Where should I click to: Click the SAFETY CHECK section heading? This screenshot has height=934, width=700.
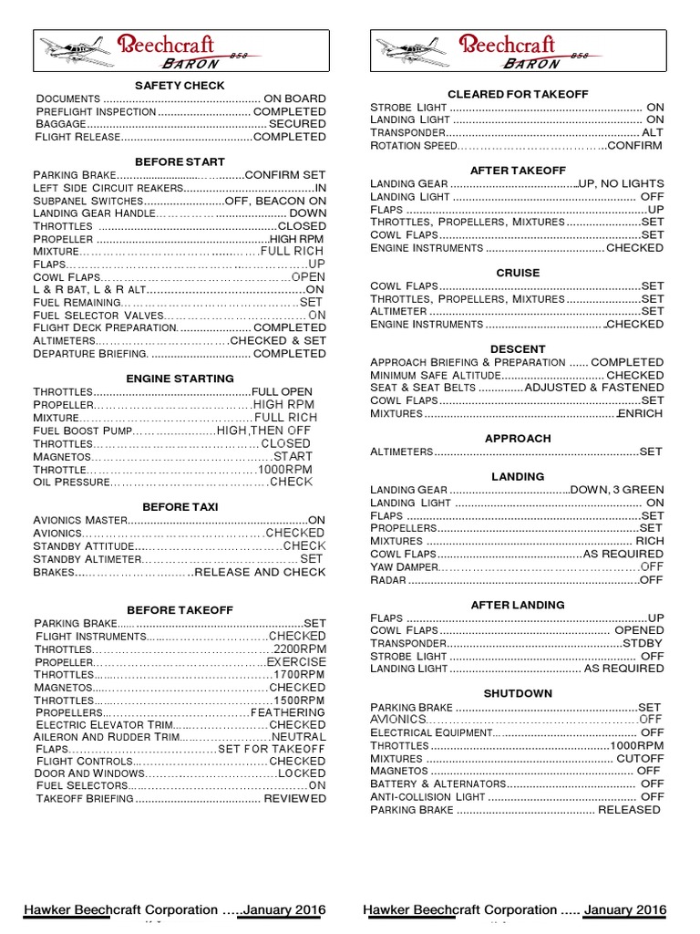180,85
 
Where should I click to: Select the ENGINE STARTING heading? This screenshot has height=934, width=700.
180,378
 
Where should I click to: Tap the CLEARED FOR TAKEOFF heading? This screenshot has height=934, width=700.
518,94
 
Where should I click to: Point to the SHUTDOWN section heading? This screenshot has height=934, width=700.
518,693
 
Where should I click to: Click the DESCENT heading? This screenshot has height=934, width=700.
518,349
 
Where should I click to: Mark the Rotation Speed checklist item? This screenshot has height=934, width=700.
413,145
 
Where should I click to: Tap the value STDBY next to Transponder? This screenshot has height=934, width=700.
643,643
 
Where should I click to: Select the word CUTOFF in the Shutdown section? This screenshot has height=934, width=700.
640,758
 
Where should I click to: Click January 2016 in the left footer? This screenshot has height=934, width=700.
282,909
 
